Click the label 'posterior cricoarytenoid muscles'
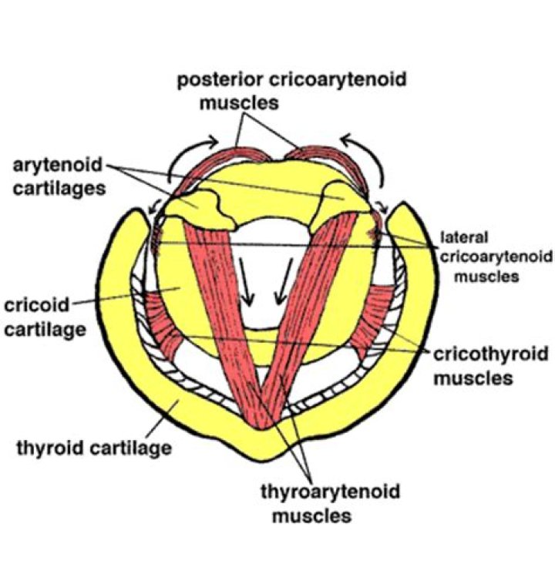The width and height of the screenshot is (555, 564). (291, 91)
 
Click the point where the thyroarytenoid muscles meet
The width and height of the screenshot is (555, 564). (266, 420)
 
